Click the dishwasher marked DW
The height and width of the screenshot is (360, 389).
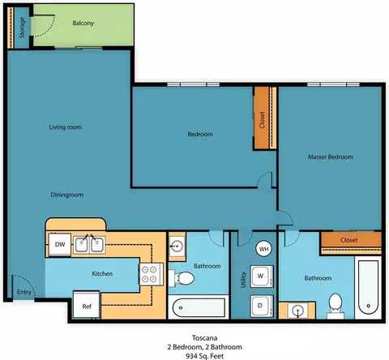point(60,245)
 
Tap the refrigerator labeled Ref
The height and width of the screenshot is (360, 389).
point(87,305)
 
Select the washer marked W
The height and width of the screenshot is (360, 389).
point(261,276)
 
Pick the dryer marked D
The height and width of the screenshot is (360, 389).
point(261,306)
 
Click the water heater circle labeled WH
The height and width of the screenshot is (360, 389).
point(263,249)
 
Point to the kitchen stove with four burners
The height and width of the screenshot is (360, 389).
point(151,274)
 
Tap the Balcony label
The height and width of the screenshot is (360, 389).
point(83,23)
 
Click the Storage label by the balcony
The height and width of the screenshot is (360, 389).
point(22,28)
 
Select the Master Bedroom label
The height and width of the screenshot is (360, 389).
point(331,156)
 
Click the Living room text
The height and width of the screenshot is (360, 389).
point(65,127)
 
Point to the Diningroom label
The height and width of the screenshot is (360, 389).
point(67,195)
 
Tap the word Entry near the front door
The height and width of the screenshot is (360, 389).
point(24,292)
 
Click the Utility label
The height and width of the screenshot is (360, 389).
point(243,280)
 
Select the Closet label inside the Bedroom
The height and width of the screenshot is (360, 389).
point(262,120)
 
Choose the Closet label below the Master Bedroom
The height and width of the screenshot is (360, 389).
point(349,240)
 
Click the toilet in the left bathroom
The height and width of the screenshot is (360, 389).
point(182,278)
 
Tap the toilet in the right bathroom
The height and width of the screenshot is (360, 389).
point(336,306)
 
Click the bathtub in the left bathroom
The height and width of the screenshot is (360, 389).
point(199,307)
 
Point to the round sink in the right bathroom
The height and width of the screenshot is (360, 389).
point(297,310)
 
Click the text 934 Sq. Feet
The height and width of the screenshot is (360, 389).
point(204,356)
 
